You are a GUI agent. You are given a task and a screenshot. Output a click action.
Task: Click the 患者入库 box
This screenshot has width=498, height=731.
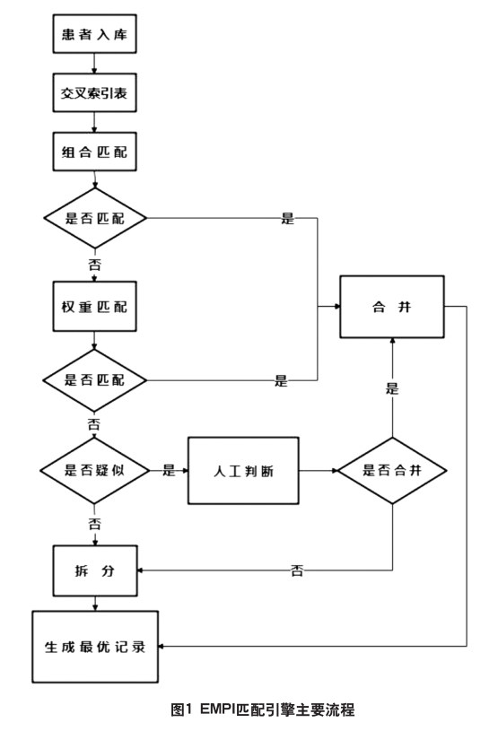tap(94, 33)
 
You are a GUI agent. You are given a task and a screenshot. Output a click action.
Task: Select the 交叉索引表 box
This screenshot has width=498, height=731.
tap(94, 92)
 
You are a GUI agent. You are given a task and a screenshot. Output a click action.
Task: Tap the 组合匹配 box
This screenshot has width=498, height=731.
tap(94, 152)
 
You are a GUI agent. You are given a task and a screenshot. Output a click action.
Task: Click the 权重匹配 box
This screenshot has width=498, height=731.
tap(94, 306)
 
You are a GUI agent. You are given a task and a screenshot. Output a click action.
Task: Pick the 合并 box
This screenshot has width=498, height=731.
tap(392, 306)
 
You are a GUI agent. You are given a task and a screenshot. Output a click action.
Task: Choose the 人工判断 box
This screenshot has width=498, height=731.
tap(243, 470)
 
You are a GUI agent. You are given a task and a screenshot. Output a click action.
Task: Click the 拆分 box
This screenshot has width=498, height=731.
tap(95, 570)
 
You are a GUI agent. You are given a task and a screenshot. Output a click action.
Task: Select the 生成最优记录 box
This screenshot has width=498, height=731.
tap(95, 647)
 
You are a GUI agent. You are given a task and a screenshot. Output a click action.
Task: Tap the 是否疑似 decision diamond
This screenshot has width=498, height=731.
tap(94, 470)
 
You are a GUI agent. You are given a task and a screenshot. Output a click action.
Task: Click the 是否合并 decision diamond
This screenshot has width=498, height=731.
tap(392, 470)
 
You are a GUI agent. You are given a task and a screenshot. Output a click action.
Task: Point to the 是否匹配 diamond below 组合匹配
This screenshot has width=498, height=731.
tap(95, 218)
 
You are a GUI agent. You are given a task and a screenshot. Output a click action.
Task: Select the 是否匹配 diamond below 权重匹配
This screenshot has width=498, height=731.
tap(94, 380)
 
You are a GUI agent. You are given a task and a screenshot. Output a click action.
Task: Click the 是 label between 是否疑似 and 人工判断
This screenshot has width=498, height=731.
tap(169, 470)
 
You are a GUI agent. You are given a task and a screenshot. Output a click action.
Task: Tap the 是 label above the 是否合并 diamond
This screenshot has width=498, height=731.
tap(392, 388)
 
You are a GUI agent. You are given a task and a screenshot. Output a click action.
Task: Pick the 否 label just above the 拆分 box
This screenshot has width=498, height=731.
tap(94, 524)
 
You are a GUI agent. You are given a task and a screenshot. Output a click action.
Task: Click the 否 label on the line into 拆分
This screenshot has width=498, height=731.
tap(297, 570)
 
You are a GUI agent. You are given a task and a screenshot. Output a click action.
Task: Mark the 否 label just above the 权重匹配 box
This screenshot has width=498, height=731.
tap(94, 265)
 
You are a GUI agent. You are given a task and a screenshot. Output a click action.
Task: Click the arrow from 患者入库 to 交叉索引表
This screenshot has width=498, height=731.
tap(94, 63)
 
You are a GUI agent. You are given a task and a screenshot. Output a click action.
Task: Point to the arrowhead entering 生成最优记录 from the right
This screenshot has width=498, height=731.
tap(161, 646)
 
